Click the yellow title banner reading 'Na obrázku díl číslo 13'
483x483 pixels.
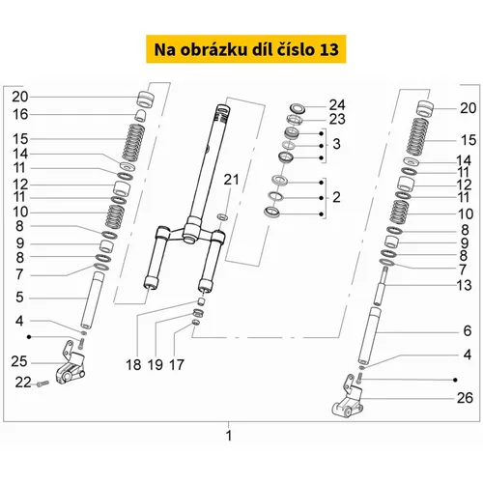(x=246, y=49)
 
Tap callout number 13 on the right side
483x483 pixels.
(x=464, y=285)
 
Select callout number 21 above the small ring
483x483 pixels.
(x=231, y=180)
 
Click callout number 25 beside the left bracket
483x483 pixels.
(x=19, y=361)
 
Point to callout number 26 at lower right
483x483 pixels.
(x=465, y=398)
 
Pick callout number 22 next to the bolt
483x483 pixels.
(x=23, y=383)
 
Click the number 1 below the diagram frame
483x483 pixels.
(x=229, y=436)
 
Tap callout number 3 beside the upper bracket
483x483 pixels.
(x=336, y=144)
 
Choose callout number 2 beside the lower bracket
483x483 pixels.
(x=336, y=197)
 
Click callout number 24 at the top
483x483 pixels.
(x=337, y=105)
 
